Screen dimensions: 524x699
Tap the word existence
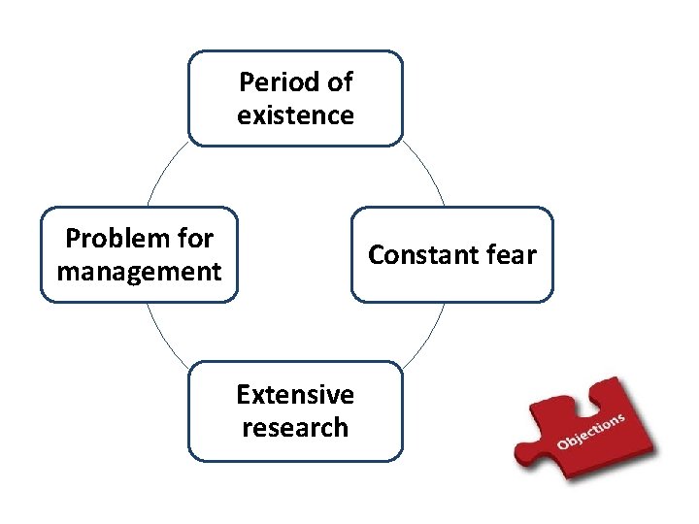click(x=295, y=115)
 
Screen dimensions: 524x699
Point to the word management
click(x=140, y=272)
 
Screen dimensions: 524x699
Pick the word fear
click(x=511, y=255)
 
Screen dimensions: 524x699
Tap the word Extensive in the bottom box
click(x=295, y=394)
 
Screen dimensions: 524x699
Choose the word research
click(x=295, y=428)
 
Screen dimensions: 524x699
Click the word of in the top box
click(x=339, y=82)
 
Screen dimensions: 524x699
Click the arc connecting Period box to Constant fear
click(x=427, y=170)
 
